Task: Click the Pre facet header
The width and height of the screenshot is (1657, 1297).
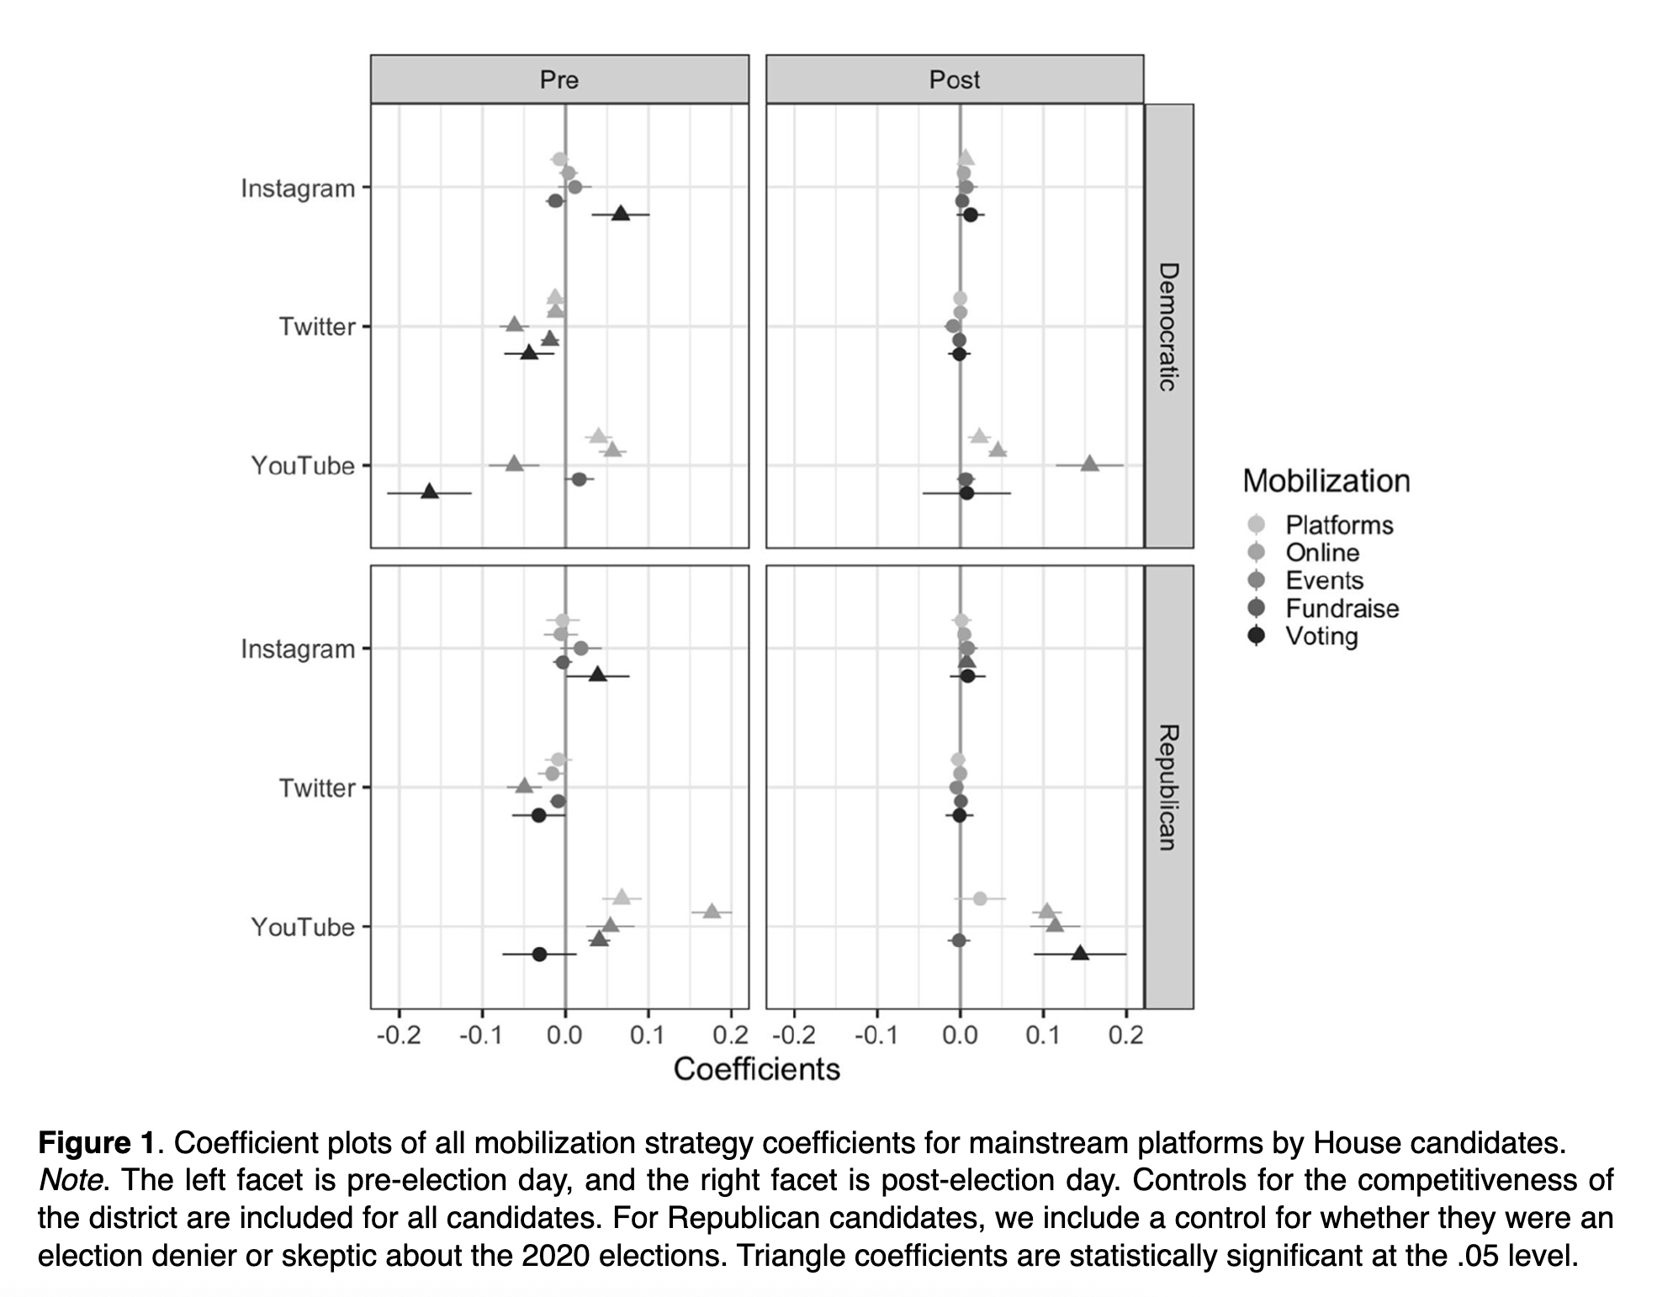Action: tap(559, 80)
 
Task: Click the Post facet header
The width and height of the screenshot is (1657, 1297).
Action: tap(955, 80)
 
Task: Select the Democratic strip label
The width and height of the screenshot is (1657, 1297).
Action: tap(1168, 326)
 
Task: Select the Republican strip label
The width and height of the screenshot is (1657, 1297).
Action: tap(1168, 787)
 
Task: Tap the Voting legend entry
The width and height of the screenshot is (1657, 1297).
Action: tap(1321, 636)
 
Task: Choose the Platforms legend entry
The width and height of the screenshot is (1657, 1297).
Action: tap(1338, 525)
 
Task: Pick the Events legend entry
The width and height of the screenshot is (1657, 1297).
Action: tap(1324, 580)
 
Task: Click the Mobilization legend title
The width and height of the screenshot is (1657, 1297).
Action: tap(1326, 481)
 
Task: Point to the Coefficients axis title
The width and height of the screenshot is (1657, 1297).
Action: tap(757, 1069)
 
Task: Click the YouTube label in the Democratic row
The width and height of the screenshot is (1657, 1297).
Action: tap(303, 465)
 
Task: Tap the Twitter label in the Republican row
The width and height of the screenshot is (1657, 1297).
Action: tap(317, 788)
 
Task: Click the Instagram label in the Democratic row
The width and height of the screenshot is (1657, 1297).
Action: tap(298, 188)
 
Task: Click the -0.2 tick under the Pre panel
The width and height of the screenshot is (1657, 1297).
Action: tap(399, 1035)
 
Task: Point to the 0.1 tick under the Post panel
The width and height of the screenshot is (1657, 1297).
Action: tap(1043, 1035)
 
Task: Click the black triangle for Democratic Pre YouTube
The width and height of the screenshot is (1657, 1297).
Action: tap(430, 491)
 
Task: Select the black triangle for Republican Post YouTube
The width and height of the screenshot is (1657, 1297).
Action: tap(1080, 953)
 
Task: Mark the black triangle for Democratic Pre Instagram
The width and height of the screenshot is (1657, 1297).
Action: tap(621, 214)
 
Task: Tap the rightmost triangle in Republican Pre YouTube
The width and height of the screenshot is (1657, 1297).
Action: tap(712, 911)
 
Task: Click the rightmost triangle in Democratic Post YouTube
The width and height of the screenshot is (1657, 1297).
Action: tap(1089, 463)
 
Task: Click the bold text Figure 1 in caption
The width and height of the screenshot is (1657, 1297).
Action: tap(97, 1143)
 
